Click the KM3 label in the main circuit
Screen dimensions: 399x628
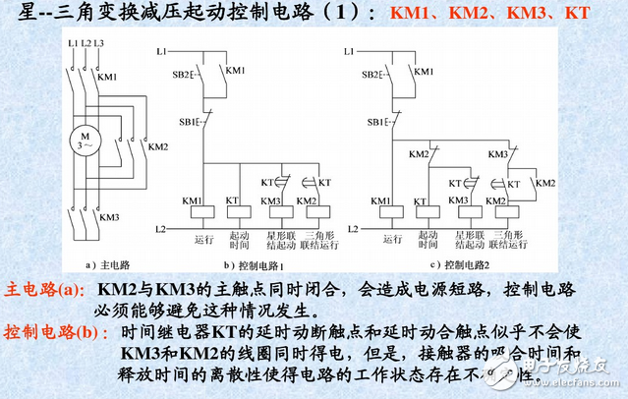pyautogui.click(x=109, y=218)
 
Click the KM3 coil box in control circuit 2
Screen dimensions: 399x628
pyautogui.click(x=459, y=209)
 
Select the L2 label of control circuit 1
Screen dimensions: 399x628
pyautogui.click(x=162, y=229)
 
